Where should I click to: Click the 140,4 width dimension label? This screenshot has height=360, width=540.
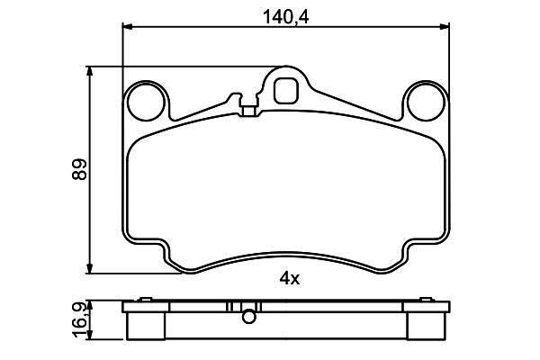click(285, 17)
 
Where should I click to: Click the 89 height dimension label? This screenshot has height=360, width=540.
click(80, 169)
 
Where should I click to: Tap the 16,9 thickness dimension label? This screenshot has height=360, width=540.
click(79, 319)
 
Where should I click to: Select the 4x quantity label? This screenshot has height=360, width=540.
click(290, 278)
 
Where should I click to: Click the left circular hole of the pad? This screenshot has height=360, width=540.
click(146, 102)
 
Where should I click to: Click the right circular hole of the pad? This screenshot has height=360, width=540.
click(426, 102)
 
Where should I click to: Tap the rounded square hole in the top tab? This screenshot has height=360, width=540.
click(285, 91)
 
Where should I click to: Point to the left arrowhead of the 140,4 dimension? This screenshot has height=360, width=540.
click(128, 26)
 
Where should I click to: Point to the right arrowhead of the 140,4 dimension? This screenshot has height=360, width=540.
click(445, 26)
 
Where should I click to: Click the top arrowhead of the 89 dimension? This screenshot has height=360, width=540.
click(89, 71)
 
